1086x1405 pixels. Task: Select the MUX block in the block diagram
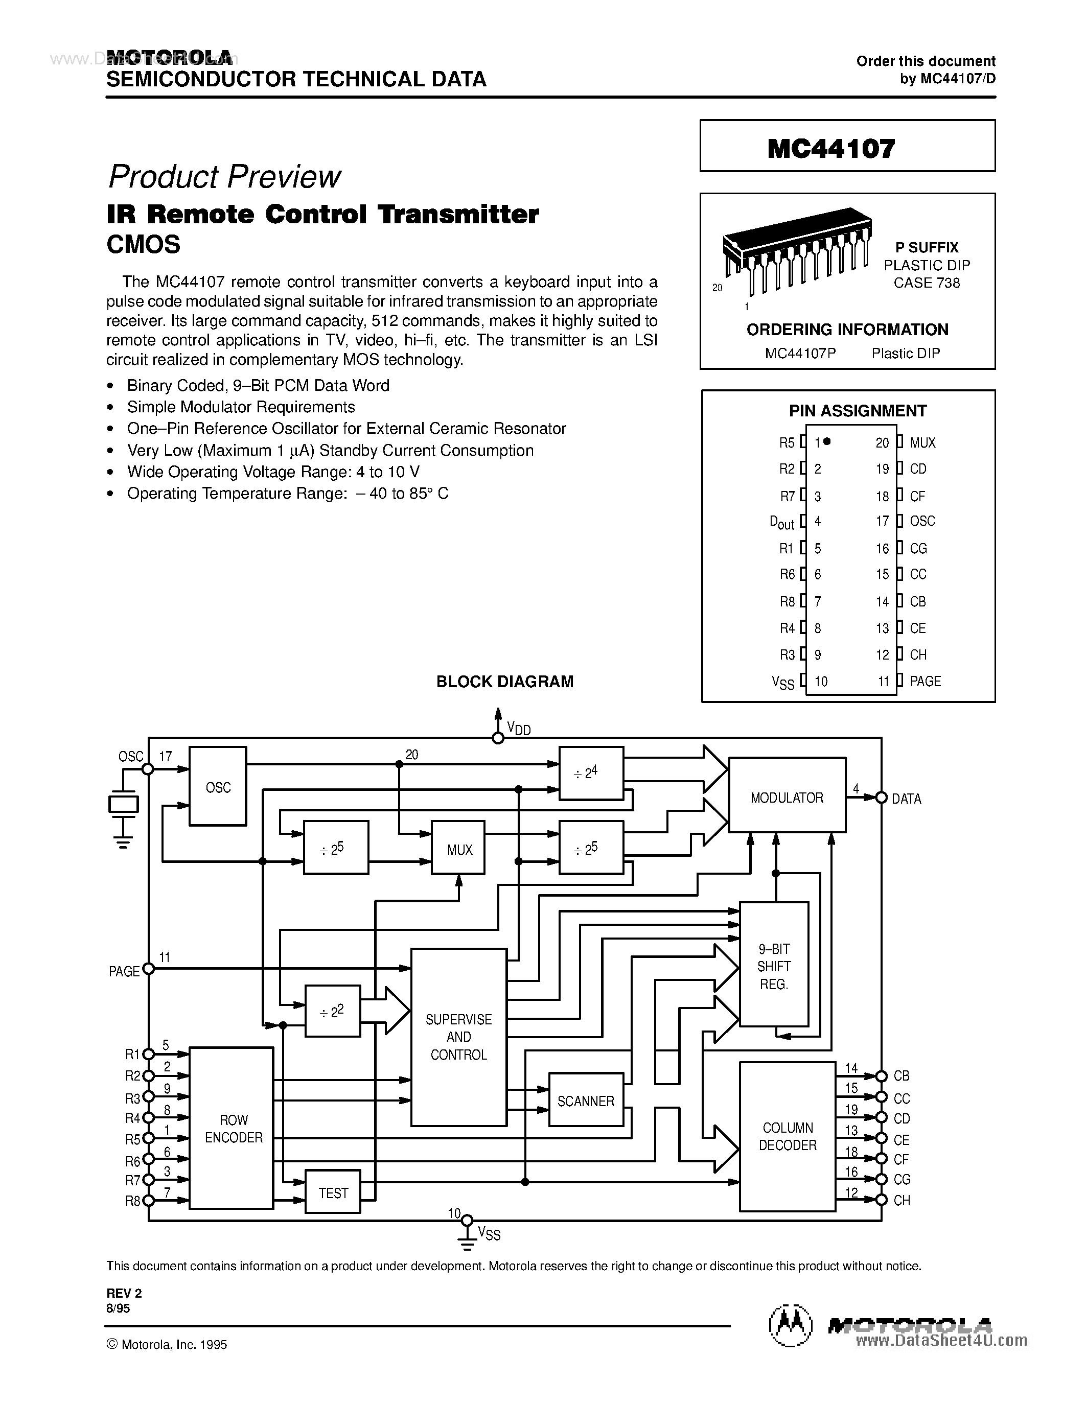(x=458, y=848)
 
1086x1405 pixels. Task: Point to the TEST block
(x=333, y=1192)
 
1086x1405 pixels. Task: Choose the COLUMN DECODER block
(x=787, y=1136)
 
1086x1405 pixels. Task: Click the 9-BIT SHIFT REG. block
(x=773, y=965)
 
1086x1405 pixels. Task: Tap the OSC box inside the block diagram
(x=218, y=786)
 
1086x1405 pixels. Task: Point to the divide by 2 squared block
(x=332, y=1010)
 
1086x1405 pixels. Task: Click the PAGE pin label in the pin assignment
(x=925, y=681)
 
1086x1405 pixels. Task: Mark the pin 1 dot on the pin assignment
(x=827, y=441)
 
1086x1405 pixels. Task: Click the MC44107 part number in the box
(x=830, y=149)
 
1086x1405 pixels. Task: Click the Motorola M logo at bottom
(x=790, y=1326)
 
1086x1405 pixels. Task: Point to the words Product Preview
(x=224, y=176)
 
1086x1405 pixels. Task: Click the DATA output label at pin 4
(x=906, y=799)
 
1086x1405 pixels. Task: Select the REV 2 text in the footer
(x=124, y=1293)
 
